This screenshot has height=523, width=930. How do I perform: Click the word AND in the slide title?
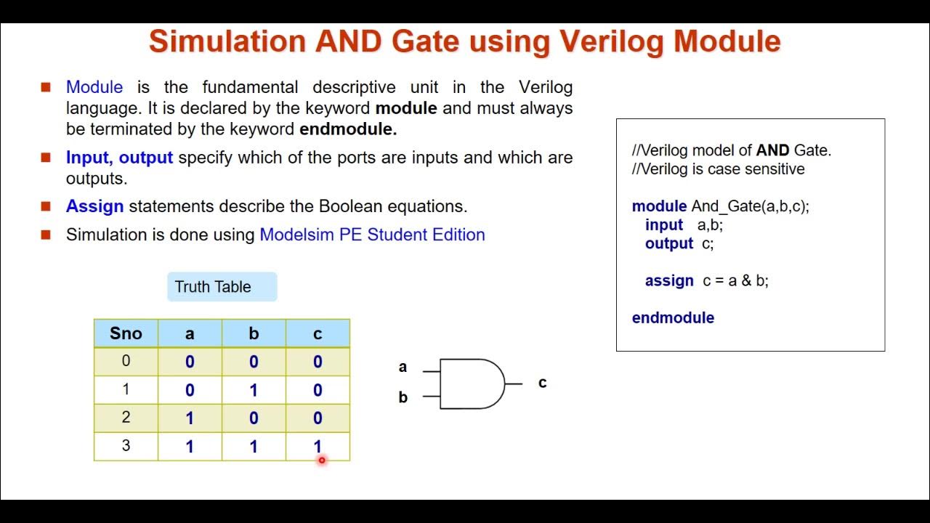pos(348,41)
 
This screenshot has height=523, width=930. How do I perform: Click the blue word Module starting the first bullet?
pos(94,88)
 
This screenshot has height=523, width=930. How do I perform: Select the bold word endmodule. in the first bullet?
pos(348,129)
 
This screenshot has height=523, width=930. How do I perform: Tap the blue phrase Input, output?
pos(119,158)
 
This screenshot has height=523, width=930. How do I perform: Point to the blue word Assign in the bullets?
pos(94,206)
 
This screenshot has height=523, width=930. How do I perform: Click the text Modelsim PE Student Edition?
pos(372,235)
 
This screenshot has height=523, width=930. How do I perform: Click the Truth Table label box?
pos(222,287)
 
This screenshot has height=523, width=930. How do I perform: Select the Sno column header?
pos(126,333)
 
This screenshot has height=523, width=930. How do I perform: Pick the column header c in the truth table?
pos(318,333)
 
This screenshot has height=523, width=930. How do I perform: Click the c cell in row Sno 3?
pos(318,446)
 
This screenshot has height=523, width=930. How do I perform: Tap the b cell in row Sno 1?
pos(254,390)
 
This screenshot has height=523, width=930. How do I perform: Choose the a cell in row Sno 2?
pos(190,418)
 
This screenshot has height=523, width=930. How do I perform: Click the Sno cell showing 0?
pos(126,362)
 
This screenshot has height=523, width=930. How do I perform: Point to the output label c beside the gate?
pos(542,383)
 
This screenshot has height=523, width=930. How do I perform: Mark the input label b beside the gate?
pos(403,397)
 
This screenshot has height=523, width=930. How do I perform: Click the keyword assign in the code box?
pos(669,281)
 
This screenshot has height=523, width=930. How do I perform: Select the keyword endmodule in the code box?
pos(673,317)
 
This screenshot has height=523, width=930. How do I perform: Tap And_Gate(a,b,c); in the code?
pos(750,206)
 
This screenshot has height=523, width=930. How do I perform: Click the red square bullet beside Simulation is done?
pos(46,235)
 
